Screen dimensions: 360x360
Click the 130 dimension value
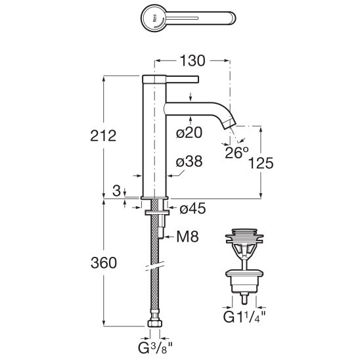coord(192,61)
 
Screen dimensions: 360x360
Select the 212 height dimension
coord(103,136)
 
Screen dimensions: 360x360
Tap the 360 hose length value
coord(104,263)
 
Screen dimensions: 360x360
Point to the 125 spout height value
coord(261,163)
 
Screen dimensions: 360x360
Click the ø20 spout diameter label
coord(189,133)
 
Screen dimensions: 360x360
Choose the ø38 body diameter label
coord(189,162)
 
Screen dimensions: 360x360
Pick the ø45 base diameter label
coord(192,209)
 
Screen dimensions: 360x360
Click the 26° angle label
coord(236,152)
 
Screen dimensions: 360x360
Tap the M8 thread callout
coord(188,236)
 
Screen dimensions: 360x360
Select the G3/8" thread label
coord(155,348)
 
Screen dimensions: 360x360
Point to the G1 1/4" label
coord(244,317)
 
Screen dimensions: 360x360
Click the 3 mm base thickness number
coord(117,191)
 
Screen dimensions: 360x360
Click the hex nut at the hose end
coord(155,323)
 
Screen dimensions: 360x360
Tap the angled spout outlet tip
coord(229,124)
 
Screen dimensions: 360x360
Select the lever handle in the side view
coord(182,79)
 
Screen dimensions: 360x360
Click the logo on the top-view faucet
coord(154,19)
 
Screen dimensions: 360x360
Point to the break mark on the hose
coord(155,266)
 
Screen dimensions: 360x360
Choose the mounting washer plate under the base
coord(157,213)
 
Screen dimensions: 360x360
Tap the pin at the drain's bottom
coord(244,299)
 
